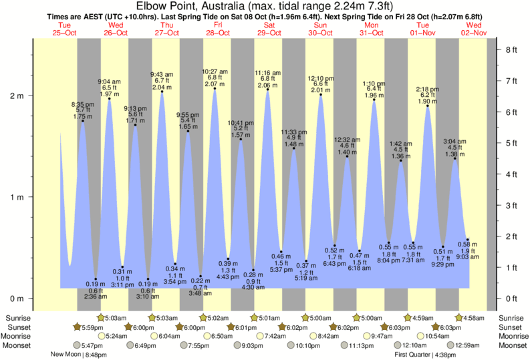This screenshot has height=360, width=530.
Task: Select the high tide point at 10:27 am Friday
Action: point(215,88)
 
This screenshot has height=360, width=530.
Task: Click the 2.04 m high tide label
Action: point(162,87)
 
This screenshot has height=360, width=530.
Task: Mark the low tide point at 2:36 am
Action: point(96,279)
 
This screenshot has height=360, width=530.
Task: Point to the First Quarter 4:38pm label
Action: point(425,355)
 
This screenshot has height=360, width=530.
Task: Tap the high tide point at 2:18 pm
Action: point(428,106)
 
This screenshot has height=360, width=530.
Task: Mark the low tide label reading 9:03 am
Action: point(468,257)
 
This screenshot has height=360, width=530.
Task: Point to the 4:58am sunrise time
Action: point(477,317)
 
